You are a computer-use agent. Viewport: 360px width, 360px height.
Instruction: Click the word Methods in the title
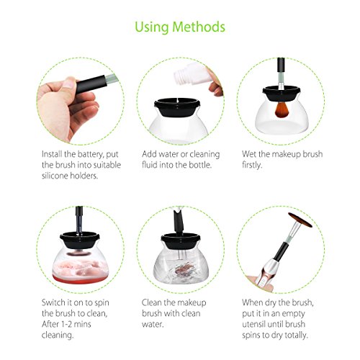pyautogui.click(x=199, y=27)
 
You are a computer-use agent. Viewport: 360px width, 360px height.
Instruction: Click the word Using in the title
pyautogui.click(x=152, y=27)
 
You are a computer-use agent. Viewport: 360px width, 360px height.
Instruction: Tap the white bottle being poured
pyautogui.click(x=192, y=73)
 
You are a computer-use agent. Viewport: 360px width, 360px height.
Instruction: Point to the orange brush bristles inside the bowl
pyautogui.click(x=282, y=110)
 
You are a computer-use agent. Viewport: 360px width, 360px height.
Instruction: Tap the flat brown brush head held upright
pyautogui.click(x=300, y=220)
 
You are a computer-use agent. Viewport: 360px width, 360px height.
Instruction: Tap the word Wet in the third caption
pyautogui.click(x=249, y=154)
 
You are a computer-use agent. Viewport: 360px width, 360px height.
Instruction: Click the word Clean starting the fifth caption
pyautogui.click(x=152, y=302)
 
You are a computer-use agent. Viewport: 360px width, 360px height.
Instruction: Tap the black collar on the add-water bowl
pyautogui.click(x=178, y=107)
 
